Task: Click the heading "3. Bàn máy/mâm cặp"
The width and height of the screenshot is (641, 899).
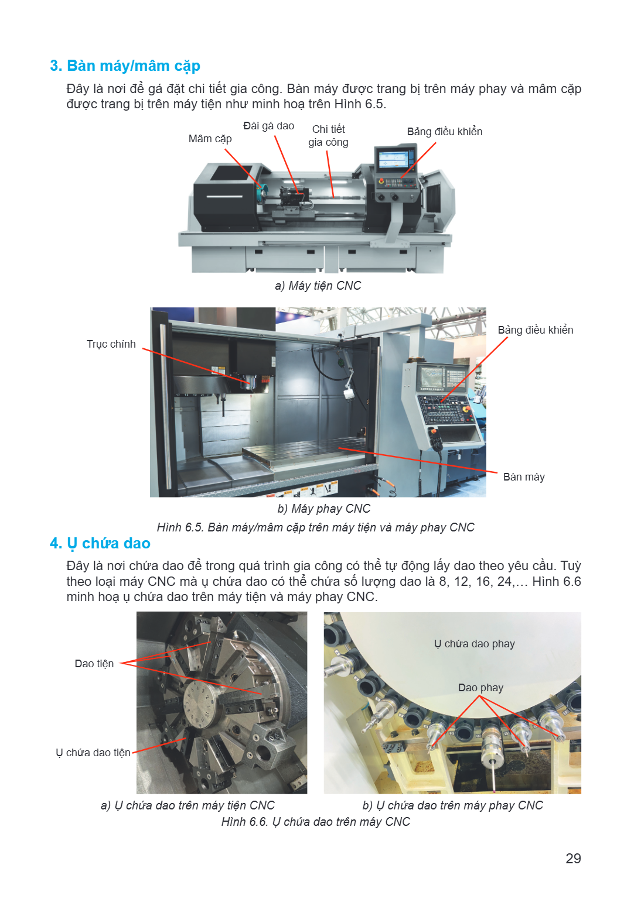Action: [x=125, y=66]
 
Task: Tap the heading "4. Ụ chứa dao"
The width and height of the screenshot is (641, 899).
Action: [x=100, y=543]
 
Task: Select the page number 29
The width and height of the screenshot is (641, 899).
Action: [x=573, y=858]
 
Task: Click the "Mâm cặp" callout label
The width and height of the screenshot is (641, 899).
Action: [x=210, y=139]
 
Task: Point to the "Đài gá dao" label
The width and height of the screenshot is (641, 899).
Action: [x=269, y=126]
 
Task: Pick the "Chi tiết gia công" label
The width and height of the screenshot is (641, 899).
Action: [x=328, y=136]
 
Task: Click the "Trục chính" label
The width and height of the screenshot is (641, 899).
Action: [x=111, y=344]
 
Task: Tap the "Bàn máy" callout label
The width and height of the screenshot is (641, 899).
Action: [x=524, y=477]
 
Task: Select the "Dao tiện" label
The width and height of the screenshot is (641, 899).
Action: [x=94, y=663]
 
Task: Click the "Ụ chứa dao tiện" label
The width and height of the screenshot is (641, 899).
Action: [x=93, y=753]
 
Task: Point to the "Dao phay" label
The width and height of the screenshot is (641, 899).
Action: [x=480, y=688]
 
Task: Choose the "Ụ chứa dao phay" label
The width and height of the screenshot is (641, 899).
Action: [x=475, y=644]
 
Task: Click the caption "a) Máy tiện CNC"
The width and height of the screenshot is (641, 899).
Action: [x=318, y=286]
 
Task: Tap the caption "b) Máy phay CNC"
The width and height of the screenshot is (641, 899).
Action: [x=324, y=509]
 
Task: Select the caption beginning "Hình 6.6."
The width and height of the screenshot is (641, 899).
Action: [x=316, y=822]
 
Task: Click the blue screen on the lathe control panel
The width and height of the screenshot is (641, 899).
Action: [x=393, y=159]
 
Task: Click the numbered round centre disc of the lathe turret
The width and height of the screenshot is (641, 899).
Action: [x=201, y=702]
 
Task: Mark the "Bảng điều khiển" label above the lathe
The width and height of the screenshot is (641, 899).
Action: [x=445, y=132]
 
